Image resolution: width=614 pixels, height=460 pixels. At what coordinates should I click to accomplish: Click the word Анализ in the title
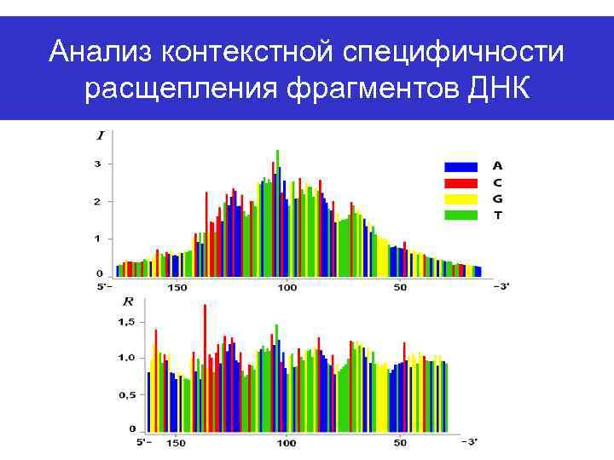(x=103, y=53)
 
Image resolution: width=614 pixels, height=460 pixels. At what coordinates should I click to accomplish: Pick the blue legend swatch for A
(x=460, y=166)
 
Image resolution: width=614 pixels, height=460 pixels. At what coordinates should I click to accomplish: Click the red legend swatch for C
(x=460, y=182)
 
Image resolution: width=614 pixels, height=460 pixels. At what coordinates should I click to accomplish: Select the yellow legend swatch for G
(x=460, y=198)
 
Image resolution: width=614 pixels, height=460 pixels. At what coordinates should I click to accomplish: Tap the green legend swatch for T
(x=460, y=215)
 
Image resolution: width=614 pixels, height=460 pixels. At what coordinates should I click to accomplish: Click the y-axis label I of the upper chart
(x=101, y=135)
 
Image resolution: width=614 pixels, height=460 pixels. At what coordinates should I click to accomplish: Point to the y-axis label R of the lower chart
(x=129, y=301)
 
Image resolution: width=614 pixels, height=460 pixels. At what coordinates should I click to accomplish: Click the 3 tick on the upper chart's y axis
(x=98, y=164)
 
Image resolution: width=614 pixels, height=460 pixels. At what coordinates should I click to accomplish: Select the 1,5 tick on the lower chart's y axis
(x=126, y=321)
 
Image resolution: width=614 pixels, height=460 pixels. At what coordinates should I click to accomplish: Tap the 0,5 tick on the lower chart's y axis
(x=126, y=394)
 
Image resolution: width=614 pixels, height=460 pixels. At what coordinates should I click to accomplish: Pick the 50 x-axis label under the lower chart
(x=400, y=443)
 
